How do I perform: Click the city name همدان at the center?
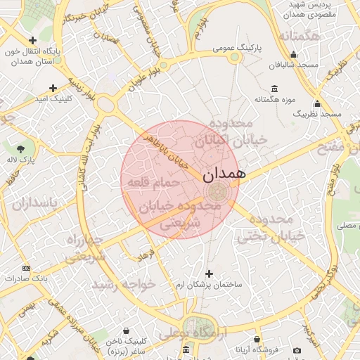(x=224, y=173)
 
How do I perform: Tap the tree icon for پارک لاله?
(x=20, y=148)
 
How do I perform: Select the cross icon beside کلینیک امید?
(x=53, y=88)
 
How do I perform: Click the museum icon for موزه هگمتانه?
(x=273, y=89)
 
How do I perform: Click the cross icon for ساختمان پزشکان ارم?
(x=208, y=273)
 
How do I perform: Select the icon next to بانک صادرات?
(x=27, y=268)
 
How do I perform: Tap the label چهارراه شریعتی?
(x=86, y=249)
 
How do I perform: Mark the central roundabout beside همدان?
(x=217, y=190)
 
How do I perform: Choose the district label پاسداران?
(x=39, y=204)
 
